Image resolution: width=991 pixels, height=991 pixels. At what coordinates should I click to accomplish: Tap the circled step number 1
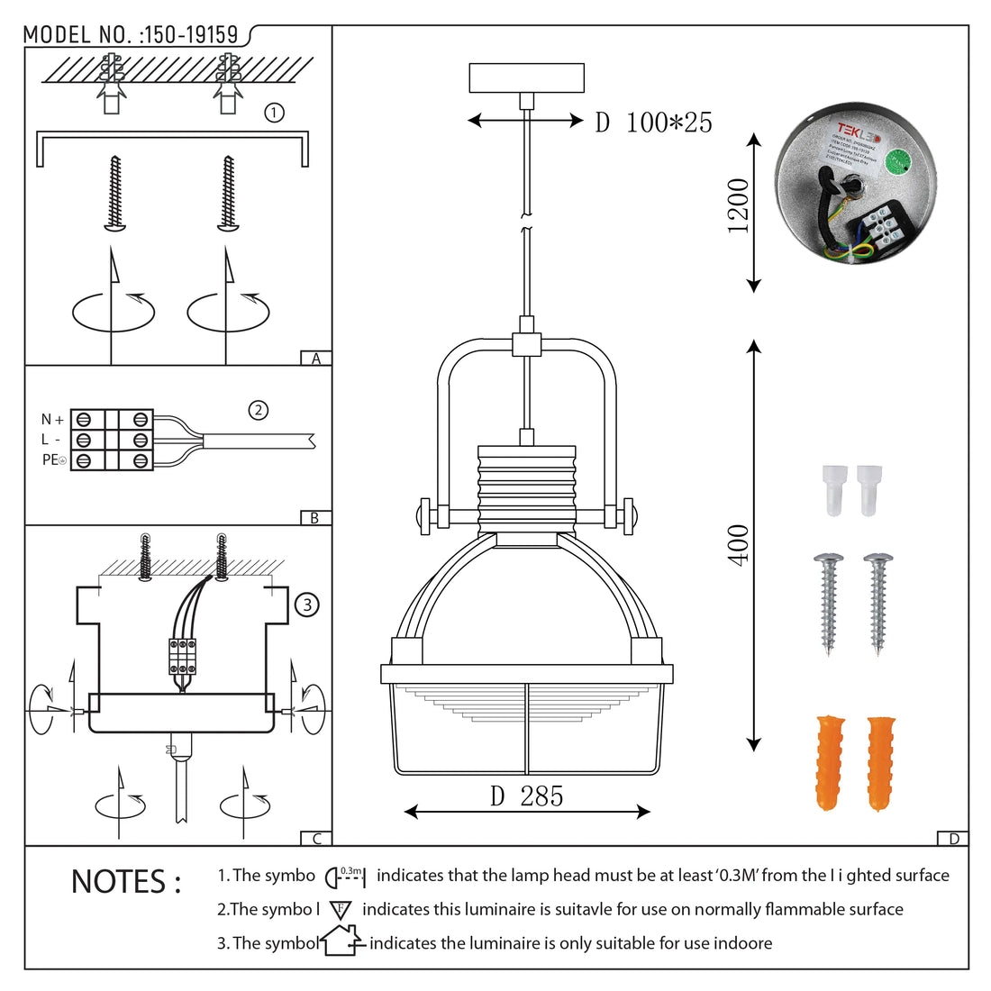coord(274,113)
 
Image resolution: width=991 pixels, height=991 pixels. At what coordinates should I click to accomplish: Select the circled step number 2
coord(259,411)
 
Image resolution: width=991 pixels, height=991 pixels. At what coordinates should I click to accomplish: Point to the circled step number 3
coord(307,605)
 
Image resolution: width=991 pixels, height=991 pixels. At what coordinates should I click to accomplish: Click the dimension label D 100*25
coord(653,123)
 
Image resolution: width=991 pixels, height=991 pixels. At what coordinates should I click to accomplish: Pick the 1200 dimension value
coord(739,206)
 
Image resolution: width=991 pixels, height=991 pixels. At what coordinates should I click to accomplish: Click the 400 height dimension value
coord(739,544)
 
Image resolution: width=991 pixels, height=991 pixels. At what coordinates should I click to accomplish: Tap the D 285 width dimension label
coord(527,796)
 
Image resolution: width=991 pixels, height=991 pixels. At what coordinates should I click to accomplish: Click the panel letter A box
coord(315,359)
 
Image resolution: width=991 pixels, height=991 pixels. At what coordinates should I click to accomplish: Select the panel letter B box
coord(314,518)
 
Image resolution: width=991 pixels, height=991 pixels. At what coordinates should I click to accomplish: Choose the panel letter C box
coord(316,839)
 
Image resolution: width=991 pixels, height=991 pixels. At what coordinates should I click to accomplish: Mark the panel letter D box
coord(953,839)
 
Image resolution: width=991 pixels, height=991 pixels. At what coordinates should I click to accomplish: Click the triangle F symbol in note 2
coord(341,910)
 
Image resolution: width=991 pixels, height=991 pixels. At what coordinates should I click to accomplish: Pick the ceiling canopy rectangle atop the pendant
coord(527,78)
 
